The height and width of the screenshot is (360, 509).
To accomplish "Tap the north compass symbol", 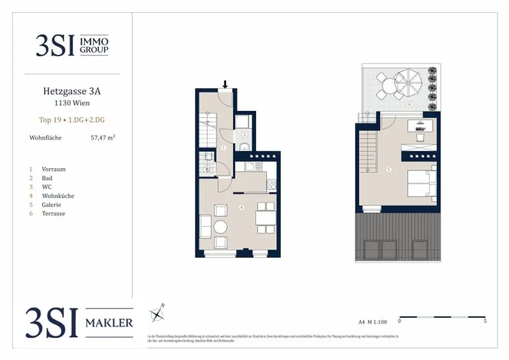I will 158,314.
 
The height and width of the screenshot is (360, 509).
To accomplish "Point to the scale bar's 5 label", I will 485,321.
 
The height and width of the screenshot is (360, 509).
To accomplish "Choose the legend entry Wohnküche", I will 58,196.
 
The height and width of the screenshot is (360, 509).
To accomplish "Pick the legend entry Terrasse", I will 53,214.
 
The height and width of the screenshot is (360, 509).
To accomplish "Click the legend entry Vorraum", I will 53,169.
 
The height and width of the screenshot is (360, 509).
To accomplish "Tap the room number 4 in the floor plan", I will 241,208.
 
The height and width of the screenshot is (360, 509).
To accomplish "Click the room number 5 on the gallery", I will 389,170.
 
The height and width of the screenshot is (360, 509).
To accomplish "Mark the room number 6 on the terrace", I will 410,104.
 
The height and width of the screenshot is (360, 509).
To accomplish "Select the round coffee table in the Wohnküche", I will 220,227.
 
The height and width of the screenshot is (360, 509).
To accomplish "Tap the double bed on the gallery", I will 422,184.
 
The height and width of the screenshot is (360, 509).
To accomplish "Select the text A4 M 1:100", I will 372,322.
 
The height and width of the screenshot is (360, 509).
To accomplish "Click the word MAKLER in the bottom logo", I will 109,323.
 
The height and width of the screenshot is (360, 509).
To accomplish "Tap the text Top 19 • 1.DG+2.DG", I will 72,120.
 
